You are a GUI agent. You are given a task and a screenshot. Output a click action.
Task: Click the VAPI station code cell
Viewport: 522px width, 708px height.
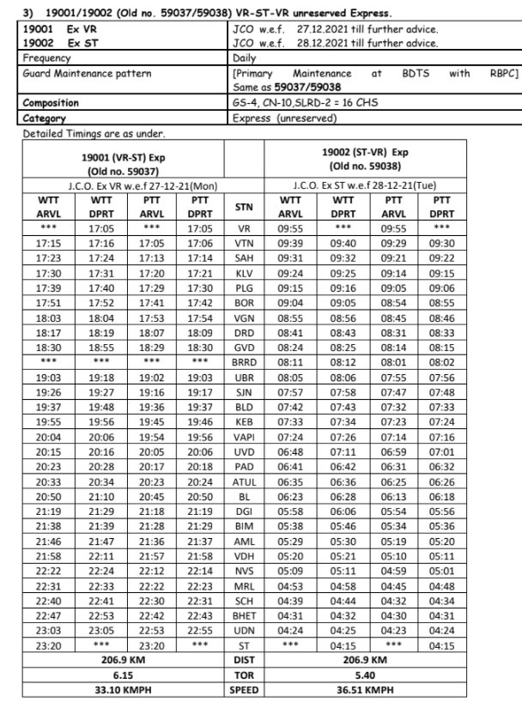coord(244,437)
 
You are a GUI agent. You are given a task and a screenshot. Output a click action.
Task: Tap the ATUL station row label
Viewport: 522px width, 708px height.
coord(244,482)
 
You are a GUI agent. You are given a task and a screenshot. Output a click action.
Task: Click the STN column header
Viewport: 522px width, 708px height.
coord(244,207)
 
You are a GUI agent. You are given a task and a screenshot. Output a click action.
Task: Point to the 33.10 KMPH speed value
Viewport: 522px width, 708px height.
coord(123,690)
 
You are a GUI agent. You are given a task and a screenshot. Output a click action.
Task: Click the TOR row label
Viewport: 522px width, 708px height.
coord(244,675)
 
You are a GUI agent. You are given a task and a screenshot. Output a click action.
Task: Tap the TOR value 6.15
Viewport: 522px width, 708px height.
coord(123,675)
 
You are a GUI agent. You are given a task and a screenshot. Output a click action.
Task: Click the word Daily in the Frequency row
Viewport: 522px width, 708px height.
coord(245,59)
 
